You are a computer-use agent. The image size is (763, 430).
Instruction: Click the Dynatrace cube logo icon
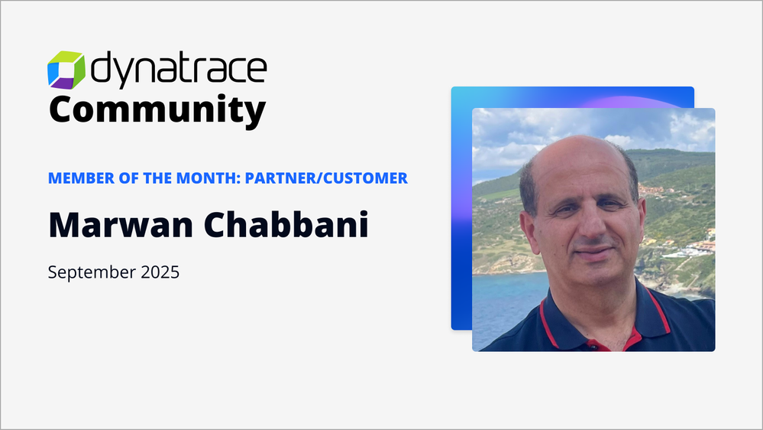(66, 70)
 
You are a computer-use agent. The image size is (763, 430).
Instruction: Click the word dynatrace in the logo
(179, 70)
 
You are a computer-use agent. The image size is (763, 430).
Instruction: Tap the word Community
(157, 111)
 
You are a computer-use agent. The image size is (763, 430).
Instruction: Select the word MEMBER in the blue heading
(81, 178)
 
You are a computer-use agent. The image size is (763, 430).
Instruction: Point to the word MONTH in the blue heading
(206, 178)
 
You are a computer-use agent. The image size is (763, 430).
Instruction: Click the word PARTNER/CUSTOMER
(326, 178)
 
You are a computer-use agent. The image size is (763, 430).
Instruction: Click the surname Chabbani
(286, 224)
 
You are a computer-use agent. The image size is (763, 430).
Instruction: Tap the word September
(92, 272)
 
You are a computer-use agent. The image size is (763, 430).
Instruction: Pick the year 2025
(160, 272)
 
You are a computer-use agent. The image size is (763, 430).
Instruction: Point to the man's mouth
(593, 251)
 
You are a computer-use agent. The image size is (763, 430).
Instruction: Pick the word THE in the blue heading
(157, 178)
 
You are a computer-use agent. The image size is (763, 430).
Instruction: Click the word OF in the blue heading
(128, 178)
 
